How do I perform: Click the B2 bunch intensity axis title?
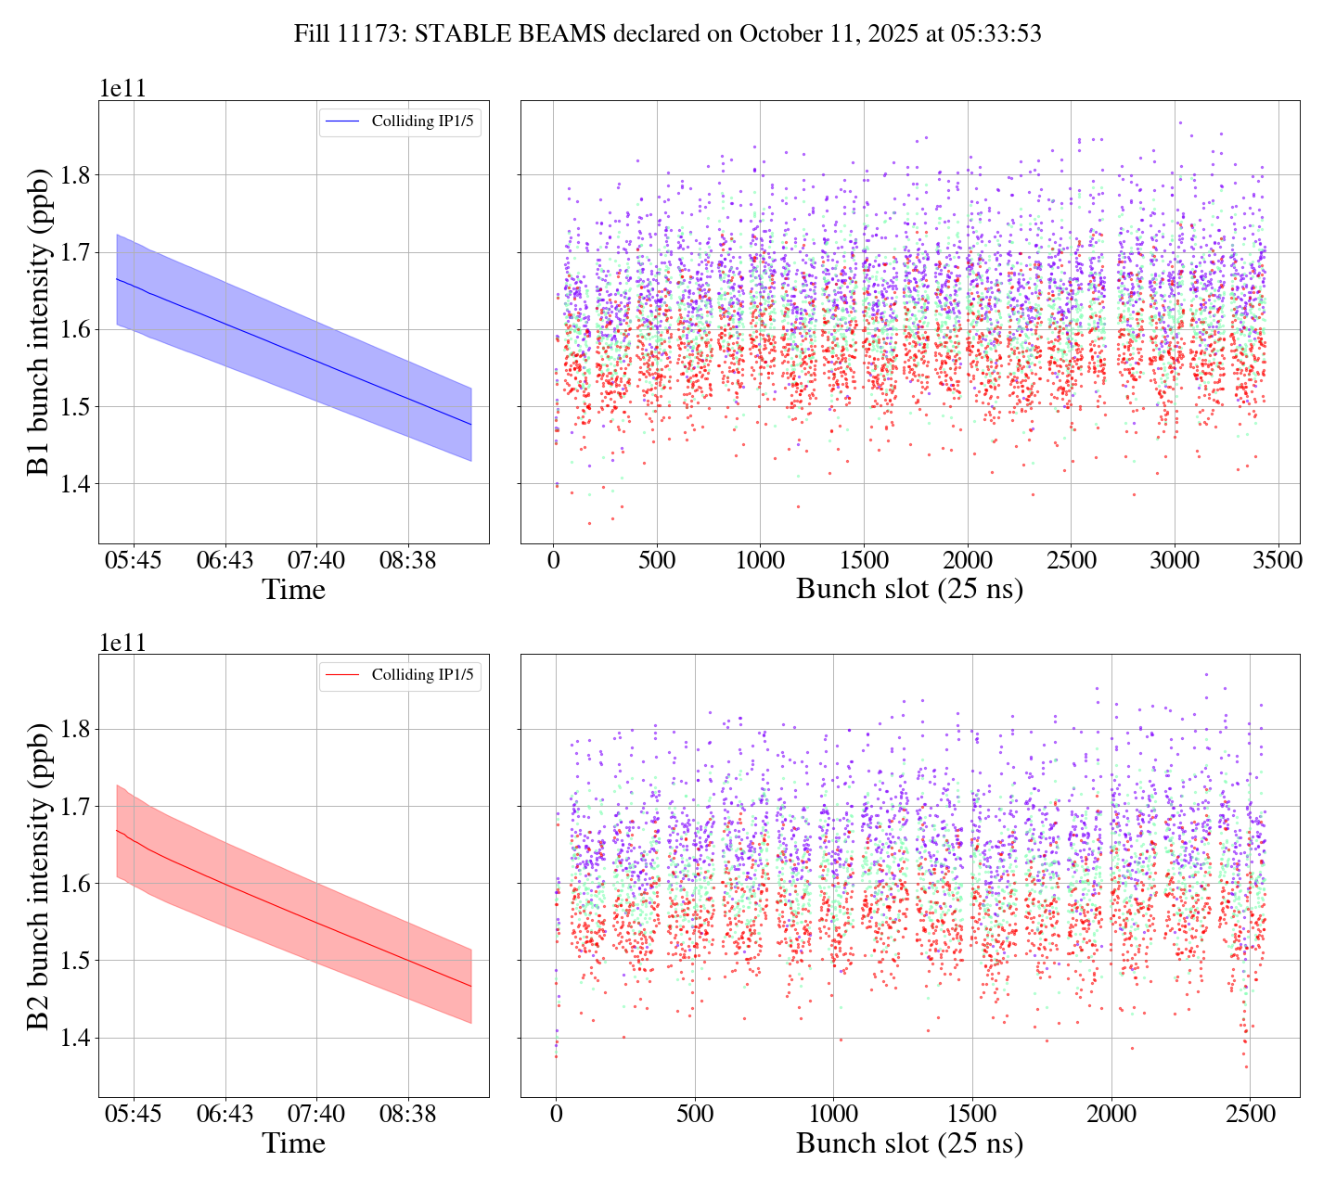[39, 875]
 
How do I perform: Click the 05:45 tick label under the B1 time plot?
[134, 561]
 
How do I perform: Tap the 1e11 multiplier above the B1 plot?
[122, 89]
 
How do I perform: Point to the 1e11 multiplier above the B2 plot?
[122, 643]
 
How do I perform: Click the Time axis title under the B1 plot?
[293, 590]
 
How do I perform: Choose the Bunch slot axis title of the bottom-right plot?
[909, 1143]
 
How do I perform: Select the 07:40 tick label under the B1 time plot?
[316, 561]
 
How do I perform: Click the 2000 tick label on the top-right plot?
[967, 561]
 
